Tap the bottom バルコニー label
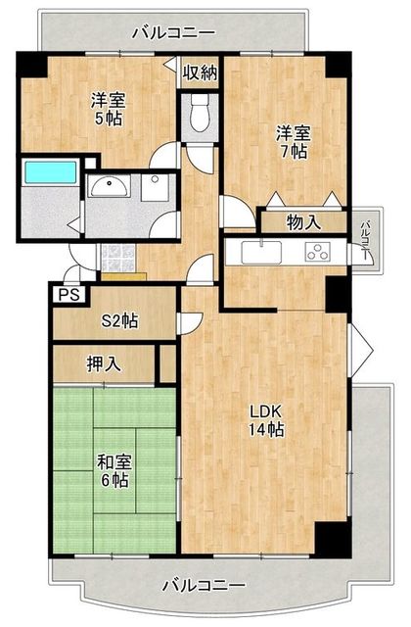[x=203, y=586]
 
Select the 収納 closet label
[x=199, y=72]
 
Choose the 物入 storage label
[x=303, y=222]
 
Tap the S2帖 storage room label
[x=119, y=321]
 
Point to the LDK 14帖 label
[x=264, y=419]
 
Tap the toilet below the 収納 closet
[x=202, y=114]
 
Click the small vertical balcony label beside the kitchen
[x=365, y=238]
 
